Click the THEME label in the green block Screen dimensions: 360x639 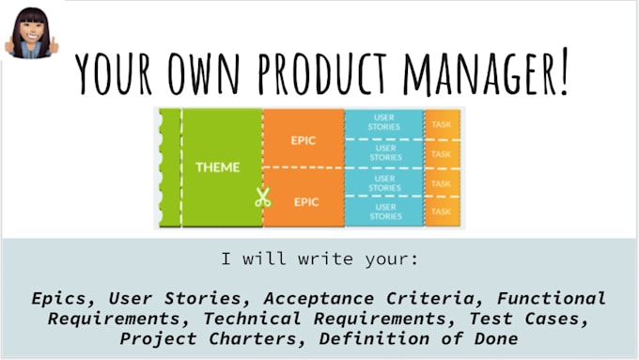[217, 167]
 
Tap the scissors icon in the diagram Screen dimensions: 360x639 [262, 197]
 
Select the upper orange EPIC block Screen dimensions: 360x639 [304, 140]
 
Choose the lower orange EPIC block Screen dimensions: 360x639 [304, 200]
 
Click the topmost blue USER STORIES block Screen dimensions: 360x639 [384, 123]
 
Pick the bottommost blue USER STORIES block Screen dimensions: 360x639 [384, 211]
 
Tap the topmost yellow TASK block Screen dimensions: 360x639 [441, 123]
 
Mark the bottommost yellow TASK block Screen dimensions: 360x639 [441, 211]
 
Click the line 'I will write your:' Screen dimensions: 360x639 [319, 258]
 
